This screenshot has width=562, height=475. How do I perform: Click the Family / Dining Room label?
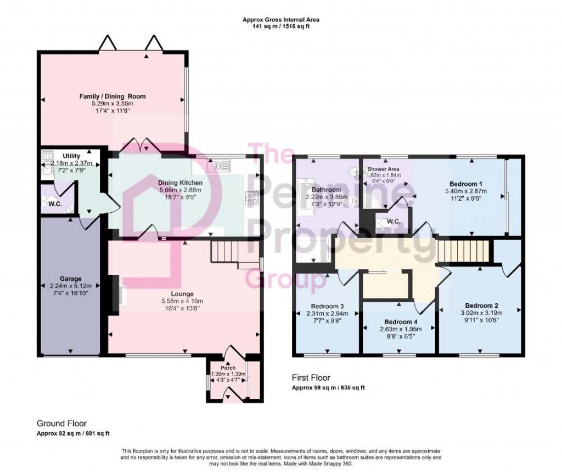[x=111, y=96]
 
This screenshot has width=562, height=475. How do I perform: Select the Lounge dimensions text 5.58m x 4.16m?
[x=186, y=301]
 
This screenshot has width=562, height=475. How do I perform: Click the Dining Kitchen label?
[x=181, y=183]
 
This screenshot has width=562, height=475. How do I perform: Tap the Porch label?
[x=228, y=367]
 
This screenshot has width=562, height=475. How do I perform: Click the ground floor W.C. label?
[x=48, y=203]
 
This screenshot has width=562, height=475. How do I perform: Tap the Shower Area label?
[x=384, y=169]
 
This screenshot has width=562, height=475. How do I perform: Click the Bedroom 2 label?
[x=481, y=306]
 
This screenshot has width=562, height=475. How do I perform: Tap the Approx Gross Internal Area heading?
[x=281, y=20]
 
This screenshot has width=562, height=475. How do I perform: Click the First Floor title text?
[x=310, y=378]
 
